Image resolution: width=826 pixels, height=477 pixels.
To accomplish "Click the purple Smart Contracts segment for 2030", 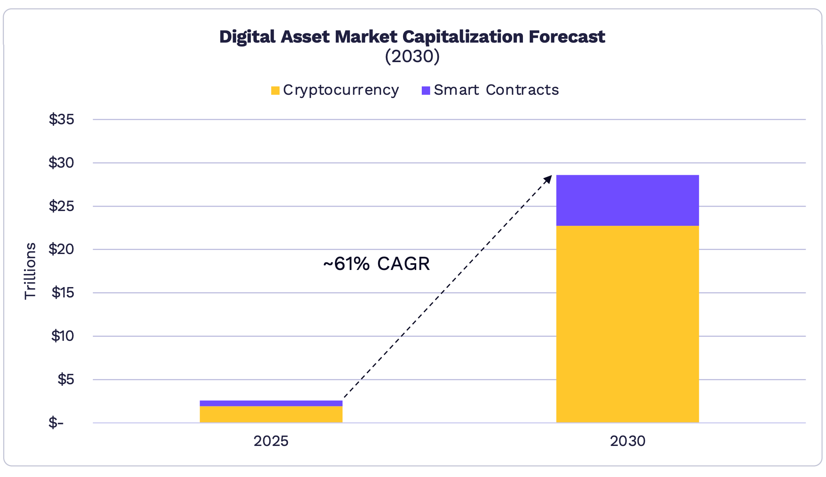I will coord(627,200).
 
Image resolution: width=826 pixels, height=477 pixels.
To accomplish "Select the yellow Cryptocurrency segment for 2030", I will coord(627,324).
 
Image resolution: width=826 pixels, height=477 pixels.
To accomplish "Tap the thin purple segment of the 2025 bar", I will coord(271,403).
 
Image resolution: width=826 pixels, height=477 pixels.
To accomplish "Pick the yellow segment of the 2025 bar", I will coord(271,414).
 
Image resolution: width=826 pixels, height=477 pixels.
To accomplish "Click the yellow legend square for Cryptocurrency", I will coord(275,91).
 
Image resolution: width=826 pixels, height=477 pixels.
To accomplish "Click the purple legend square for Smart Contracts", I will coord(426,91).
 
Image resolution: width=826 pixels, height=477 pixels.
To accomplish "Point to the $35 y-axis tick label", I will coord(61,119).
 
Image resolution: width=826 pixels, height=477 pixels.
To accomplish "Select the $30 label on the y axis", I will coord(61,162).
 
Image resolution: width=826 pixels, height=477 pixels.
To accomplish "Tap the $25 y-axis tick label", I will coord(61,206).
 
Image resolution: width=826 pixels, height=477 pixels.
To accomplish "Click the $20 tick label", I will coord(61,249).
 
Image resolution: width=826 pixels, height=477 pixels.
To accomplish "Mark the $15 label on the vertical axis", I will coord(63,293).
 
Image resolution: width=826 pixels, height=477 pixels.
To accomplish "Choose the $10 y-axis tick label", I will coord(63,336).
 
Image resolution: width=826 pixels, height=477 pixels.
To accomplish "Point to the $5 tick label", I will coord(66,379).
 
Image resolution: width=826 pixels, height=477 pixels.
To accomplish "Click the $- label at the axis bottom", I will coord(56,422).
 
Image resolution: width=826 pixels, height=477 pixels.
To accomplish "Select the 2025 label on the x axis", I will coord(271,441).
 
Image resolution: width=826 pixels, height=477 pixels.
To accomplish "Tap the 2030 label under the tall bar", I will coord(627,441).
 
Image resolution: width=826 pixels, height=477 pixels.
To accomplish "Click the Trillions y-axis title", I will coord(30,271).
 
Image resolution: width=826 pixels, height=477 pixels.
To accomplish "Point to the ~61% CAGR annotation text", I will coord(376,264).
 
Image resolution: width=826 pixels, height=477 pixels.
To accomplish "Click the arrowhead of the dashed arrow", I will coord(549,178).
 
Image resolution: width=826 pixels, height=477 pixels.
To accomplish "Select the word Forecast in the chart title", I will coord(567,37).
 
